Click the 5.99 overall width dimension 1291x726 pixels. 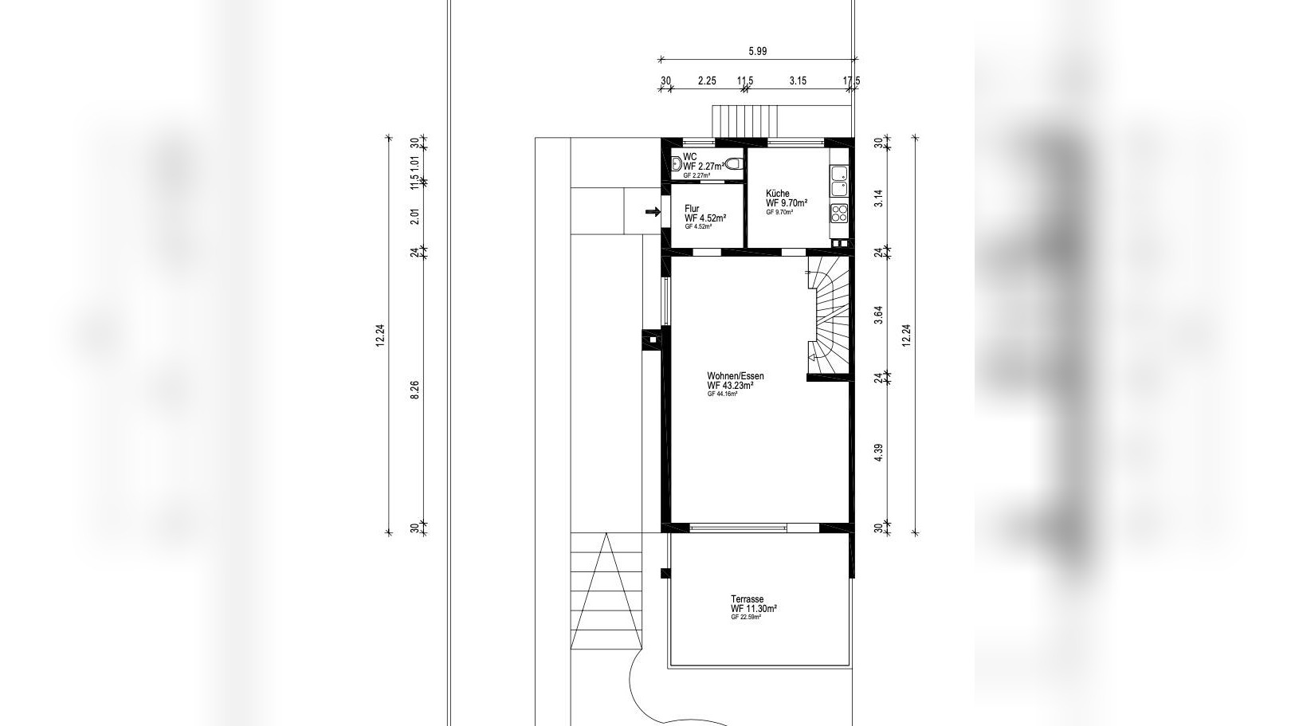[x=757, y=51]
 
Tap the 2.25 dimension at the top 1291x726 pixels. [x=706, y=80]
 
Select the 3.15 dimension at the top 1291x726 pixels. [x=798, y=80]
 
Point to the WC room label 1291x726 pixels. [x=690, y=157]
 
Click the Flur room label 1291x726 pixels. [x=692, y=209]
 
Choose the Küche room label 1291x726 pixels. [x=778, y=194]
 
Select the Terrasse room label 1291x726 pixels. [x=748, y=599]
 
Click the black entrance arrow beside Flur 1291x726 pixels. [x=653, y=212]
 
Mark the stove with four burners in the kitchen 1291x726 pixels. [x=839, y=213]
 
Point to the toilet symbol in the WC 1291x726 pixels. [x=734, y=164]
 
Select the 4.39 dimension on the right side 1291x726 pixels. [x=878, y=453]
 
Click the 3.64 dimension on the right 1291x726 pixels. [x=878, y=314]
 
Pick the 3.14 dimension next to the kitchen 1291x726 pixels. [x=878, y=198]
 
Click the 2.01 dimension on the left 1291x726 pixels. [x=414, y=216]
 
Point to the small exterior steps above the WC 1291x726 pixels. [x=741, y=121]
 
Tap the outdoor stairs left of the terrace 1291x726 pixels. [x=606, y=594]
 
